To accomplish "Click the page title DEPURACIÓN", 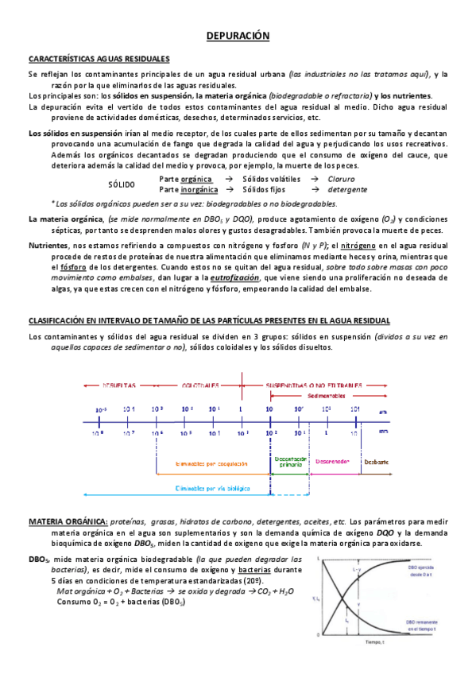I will (238, 37).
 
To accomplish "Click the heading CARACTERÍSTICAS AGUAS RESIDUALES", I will (99, 59).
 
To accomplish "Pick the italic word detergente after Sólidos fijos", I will (347, 190).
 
